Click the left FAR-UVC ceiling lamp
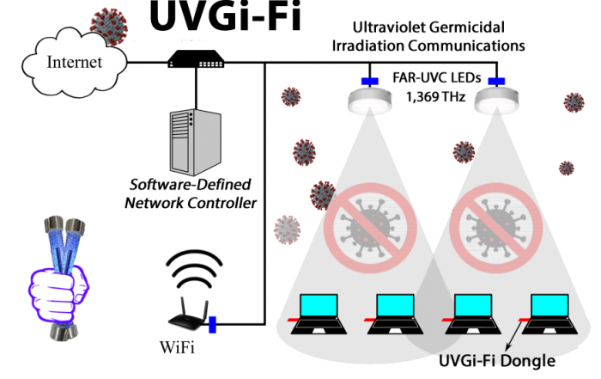(x=372, y=100)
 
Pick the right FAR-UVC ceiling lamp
(x=495, y=100)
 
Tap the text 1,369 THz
(x=435, y=97)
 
